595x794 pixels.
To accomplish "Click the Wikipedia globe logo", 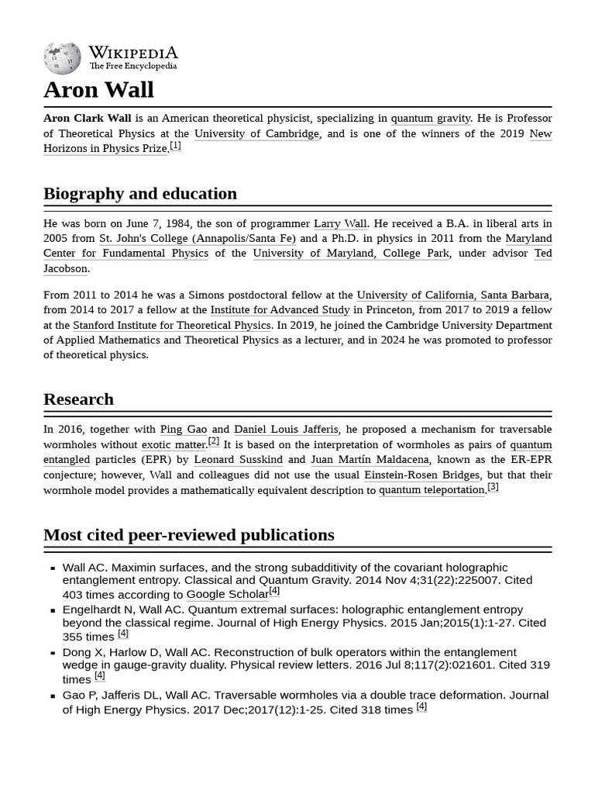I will pyautogui.click(x=62, y=58).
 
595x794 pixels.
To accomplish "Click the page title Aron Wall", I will pyautogui.click(x=98, y=90).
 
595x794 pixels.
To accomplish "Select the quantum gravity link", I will pyautogui.click(x=430, y=119).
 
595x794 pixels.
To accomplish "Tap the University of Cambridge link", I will pyautogui.click(x=256, y=133).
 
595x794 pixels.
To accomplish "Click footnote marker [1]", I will pyautogui.click(x=175, y=146).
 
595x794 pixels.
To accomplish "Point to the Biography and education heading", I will pyautogui.click(x=140, y=194).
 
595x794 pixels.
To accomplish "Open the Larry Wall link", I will pyautogui.click(x=340, y=223).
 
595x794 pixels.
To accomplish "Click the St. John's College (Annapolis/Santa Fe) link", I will pyautogui.click(x=198, y=238).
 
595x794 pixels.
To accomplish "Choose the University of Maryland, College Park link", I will pyautogui.click(x=351, y=253).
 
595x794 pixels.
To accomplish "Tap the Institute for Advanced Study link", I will pyautogui.click(x=280, y=310).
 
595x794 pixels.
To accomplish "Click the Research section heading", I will pyautogui.click(x=78, y=399).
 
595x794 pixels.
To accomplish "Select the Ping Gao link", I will pyautogui.click(x=183, y=429).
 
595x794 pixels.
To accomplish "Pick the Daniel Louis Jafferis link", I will pyautogui.click(x=286, y=429).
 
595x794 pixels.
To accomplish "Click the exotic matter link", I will pyautogui.click(x=174, y=444).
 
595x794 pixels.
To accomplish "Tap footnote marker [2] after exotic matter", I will pyautogui.click(x=214, y=442).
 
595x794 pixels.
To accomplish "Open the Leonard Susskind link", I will pyautogui.click(x=238, y=459).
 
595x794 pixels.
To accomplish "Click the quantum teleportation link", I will pyautogui.click(x=432, y=489).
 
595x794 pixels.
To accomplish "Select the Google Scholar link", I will pyautogui.click(x=227, y=595).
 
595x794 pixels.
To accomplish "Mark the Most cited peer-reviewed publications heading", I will pyautogui.click(x=189, y=535).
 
